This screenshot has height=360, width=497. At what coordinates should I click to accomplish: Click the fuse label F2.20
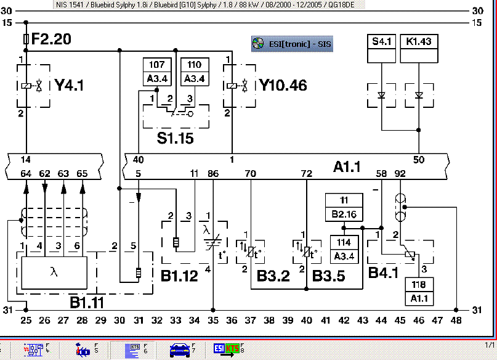(x=51, y=39)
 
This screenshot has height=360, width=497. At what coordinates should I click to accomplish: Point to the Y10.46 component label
(x=283, y=85)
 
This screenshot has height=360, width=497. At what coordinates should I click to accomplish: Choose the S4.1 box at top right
(x=381, y=42)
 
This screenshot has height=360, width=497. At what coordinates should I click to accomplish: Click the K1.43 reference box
(x=419, y=42)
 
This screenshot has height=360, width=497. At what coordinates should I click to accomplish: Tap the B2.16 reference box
(x=344, y=215)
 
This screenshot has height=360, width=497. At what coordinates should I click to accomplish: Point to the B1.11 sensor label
(x=86, y=302)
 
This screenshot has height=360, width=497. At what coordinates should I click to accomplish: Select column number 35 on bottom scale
(x=213, y=321)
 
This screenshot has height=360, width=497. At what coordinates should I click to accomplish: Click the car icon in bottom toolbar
(x=180, y=351)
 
